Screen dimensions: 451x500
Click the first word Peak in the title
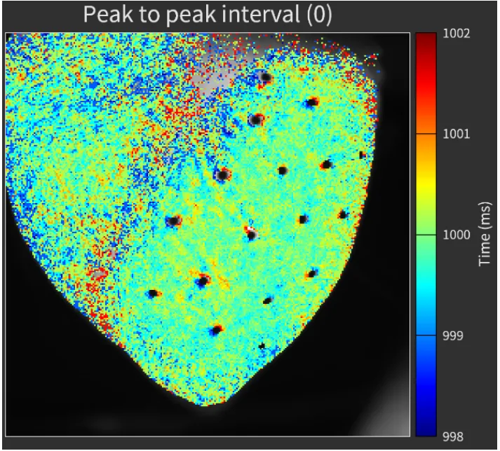tap(108, 15)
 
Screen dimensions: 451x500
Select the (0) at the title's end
tap(316, 15)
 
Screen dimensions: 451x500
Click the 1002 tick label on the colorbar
tap(457, 33)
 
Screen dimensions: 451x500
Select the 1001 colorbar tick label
tap(457, 133)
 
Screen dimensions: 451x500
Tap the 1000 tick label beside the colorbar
tap(457, 234)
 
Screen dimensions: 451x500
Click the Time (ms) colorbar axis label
tap(484, 235)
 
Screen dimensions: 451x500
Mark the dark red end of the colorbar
tap(425, 39)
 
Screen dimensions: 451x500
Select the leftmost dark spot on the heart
tap(152, 293)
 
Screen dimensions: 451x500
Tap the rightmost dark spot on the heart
tap(363, 155)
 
